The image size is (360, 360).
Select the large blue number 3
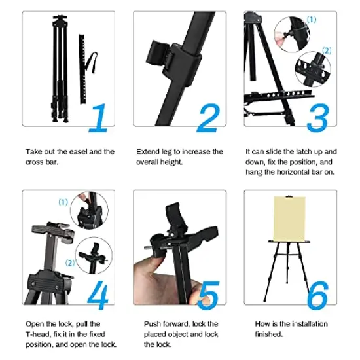[319, 117]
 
